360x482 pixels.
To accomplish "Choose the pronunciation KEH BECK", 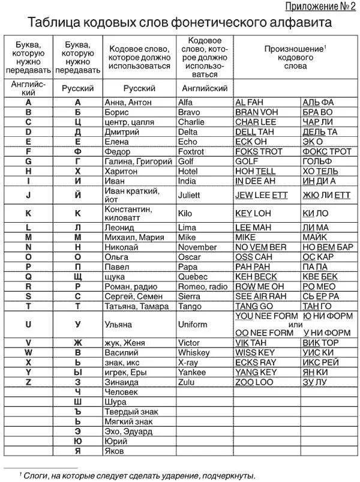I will click(256, 277).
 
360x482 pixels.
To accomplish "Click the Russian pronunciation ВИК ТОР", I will click(321, 343).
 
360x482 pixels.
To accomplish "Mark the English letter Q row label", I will click(28, 277).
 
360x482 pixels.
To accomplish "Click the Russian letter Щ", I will click(77, 277).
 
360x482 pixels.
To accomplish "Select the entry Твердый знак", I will click(128, 412).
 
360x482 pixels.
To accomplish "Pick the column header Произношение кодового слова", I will click(295, 56).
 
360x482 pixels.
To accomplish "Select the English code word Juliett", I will click(190, 195).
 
